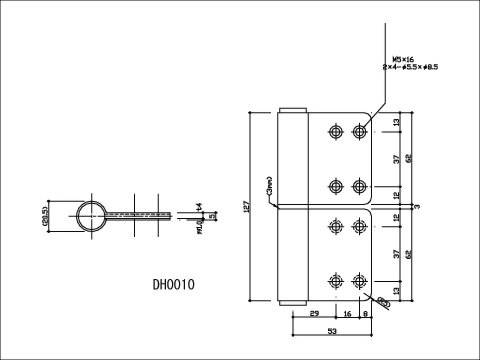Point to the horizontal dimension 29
[x=312, y=314]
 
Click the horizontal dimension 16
[x=346, y=314]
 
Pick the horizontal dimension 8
[x=366, y=314]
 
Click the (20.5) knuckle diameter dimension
[x=45, y=215]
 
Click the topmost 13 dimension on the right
[x=397, y=122]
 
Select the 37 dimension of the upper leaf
[x=397, y=158]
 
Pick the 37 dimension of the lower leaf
[x=397, y=255]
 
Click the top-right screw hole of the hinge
[x=358, y=131]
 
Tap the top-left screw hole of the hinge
[x=335, y=131]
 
